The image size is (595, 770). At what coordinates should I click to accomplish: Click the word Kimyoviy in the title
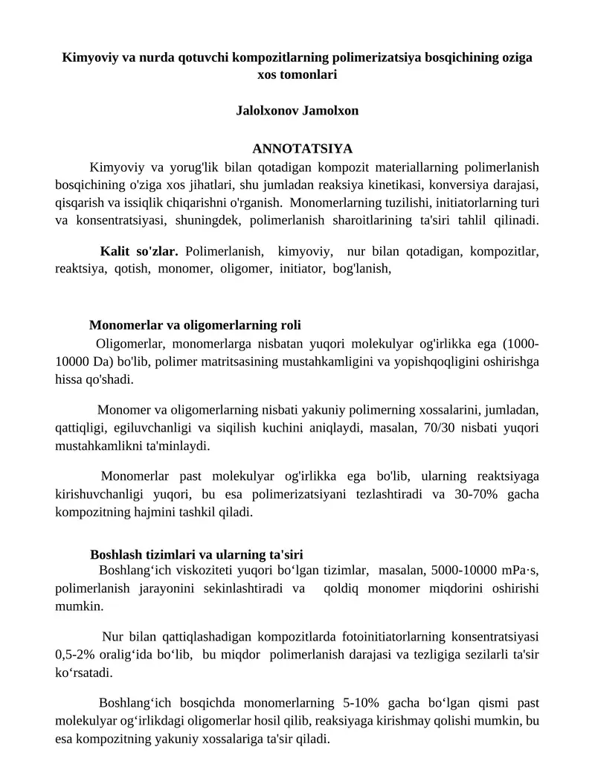point(87,57)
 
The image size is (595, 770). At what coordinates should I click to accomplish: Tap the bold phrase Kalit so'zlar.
point(139,251)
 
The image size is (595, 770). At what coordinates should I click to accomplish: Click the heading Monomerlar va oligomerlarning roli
point(195,325)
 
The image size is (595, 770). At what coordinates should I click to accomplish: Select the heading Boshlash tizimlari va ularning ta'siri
point(196,554)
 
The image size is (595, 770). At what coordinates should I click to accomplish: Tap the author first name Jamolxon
point(332,110)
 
